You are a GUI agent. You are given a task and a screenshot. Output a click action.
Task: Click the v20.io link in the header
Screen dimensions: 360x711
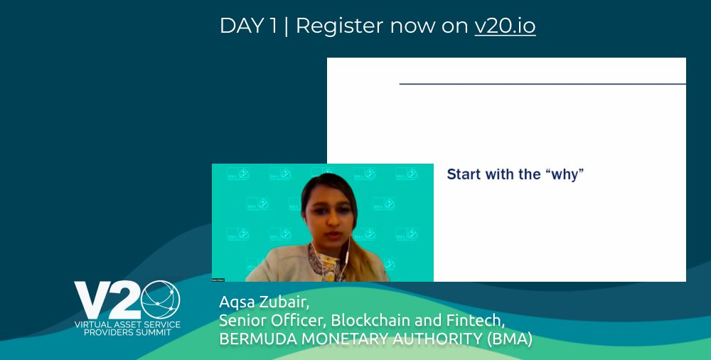505,26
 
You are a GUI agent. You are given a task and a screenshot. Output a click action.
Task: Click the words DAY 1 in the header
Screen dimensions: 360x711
248,26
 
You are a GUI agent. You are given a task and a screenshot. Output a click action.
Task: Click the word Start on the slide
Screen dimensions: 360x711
464,174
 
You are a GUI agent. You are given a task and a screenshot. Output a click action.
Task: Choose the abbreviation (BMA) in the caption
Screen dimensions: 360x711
510,339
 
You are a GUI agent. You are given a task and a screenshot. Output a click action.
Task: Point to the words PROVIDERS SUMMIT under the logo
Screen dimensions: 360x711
128,332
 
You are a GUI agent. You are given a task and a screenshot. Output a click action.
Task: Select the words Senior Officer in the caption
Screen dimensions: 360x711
269,321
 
